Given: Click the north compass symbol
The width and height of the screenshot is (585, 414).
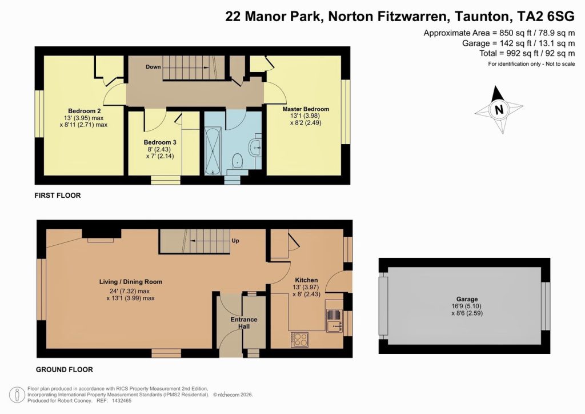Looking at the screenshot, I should (x=499, y=109).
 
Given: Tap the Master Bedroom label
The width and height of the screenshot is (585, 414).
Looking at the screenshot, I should (x=306, y=109).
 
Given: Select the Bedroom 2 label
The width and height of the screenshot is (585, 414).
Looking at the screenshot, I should (x=85, y=111).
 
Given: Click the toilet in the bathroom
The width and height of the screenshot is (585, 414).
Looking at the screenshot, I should (x=237, y=162).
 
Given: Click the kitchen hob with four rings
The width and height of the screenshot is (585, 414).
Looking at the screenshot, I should (x=299, y=340).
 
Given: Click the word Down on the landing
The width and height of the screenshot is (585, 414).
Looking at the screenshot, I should (x=153, y=67).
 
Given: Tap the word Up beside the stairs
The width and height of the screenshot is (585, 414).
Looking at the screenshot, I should (x=235, y=241).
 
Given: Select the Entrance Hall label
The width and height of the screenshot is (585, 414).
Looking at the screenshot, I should (x=244, y=323).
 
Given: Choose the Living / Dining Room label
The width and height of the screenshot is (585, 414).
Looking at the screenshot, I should (x=131, y=281).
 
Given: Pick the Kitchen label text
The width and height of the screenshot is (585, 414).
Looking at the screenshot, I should (x=306, y=280).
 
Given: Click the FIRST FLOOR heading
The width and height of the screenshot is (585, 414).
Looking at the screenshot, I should (x=58, y=196).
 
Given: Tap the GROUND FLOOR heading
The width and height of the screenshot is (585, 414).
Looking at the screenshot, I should (x=64, y=369).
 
